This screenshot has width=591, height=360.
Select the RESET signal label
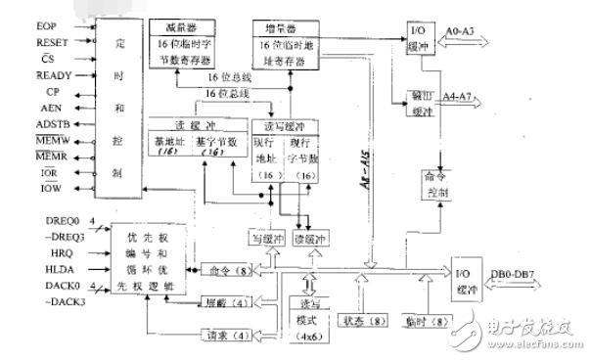click(x=25, y=43)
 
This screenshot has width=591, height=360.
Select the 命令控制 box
click(x=434, y=185)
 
